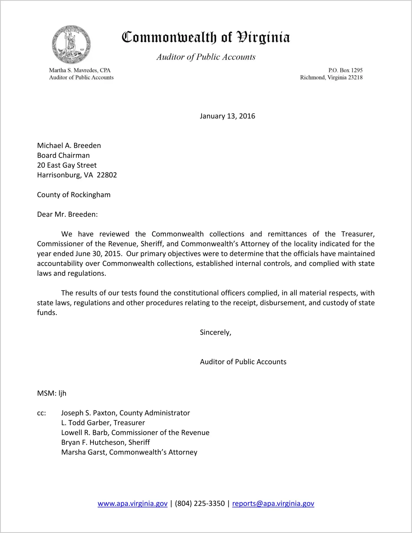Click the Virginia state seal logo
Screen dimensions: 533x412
[x=71, y=44]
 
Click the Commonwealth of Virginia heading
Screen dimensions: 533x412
[x=206, y=38]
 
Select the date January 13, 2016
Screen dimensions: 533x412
[x=227, y=116]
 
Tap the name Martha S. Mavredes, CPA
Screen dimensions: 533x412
[x=80, y=70]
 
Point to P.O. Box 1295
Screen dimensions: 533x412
[x=345, y=70]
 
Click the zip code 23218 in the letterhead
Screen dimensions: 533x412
[x=355, y=78]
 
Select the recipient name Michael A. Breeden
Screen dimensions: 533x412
[x=69, y=146]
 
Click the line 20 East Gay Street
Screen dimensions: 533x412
[x=67, y=165]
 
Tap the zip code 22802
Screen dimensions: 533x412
[x=107, y=175]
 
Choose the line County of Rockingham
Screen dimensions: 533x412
[x=74, y=195]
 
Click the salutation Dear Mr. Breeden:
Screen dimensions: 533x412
[x=67, y=214]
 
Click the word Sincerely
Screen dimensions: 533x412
[x=215, y=332]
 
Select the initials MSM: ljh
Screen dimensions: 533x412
[x=52, y=393]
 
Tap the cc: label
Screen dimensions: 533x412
[x=41, y=413]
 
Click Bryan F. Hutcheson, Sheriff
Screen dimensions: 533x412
[x=105, y=442]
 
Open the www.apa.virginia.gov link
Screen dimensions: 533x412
[x=132, y=504]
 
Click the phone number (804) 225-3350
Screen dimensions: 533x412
[x=200, y=504]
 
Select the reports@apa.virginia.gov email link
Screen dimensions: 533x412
[x=273, y=504]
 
